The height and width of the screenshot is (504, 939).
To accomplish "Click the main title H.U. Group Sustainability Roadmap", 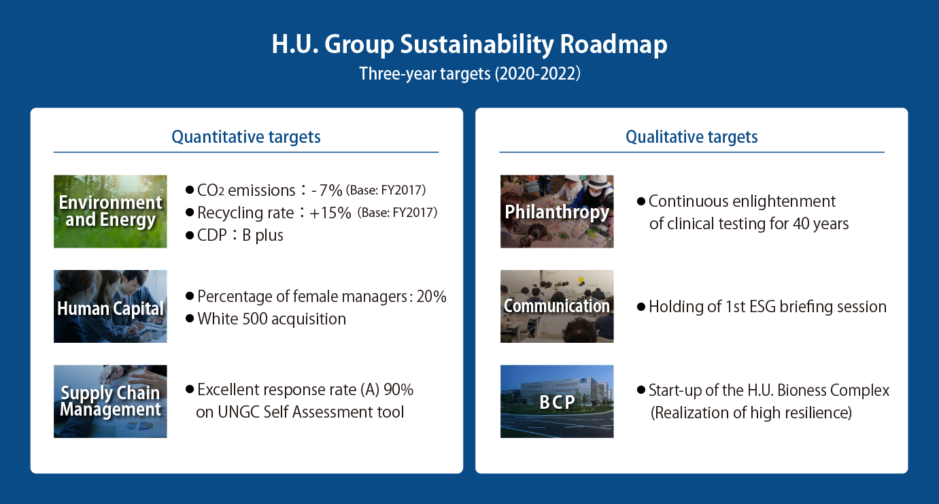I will [469, 45].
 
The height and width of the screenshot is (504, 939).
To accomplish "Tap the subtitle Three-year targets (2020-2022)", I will [469, 73].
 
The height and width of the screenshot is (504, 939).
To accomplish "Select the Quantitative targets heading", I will [246, 137].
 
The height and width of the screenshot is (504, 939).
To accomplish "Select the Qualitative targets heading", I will [692, 137].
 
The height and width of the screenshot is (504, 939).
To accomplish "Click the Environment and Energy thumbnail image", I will [110, 212].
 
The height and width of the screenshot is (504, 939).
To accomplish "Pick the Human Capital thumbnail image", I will [110, 306].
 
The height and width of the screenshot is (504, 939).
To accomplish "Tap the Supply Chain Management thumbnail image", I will [110, 401].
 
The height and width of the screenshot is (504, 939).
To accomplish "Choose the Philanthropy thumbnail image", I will [557, 212].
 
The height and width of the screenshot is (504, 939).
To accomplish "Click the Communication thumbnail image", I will [557, 306].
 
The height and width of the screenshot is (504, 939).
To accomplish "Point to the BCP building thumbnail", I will [557, 401].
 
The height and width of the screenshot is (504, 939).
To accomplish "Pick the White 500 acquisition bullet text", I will [271, 319].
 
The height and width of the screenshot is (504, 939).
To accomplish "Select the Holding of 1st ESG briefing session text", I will [767, 307].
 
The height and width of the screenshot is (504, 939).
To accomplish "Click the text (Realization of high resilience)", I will [751, 413].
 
